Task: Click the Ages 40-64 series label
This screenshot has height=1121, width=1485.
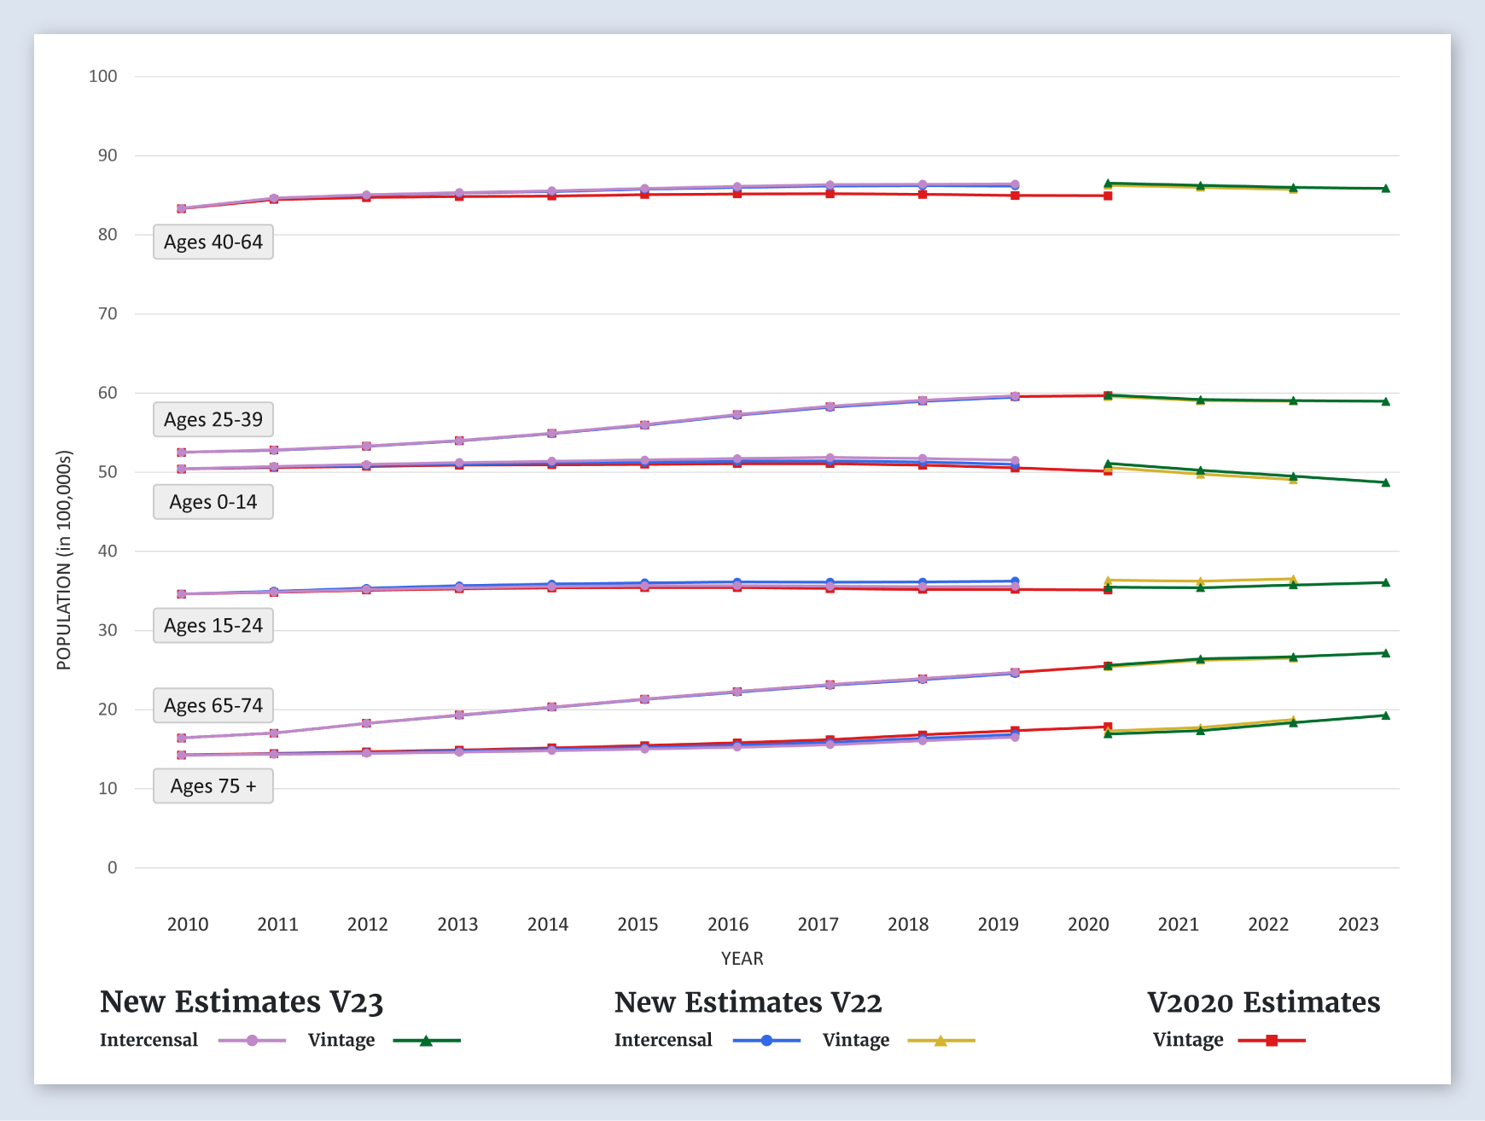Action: click(x=213, y=242)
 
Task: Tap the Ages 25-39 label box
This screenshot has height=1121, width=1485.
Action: click(x=213, y=420)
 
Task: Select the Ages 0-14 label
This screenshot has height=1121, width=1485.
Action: click(x=213, y=502)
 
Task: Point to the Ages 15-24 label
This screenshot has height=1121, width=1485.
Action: click(x=213, y=626)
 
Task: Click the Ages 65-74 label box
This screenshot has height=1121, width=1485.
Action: click(x=213, y=706)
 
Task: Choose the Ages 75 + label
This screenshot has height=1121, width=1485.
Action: click(x=213, y=786)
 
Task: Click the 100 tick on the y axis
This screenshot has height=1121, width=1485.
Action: click(x=103, y=77)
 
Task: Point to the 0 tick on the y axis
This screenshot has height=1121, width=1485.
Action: click(x=112, y=868)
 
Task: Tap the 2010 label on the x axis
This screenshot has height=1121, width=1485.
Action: click(x=188, y=925)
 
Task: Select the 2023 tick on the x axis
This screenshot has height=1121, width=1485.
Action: click(x=1358, y=925)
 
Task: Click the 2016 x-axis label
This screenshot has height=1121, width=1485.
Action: click(x=728, y=925)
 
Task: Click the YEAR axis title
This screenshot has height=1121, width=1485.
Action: click(x=742, y=959)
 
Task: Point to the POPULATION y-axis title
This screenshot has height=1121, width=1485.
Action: click(x=64, y=560)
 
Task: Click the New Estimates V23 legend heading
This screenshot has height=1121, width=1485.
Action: click(x=242, y=1002)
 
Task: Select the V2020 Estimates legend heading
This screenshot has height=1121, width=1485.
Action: click(x=1263, y=1002)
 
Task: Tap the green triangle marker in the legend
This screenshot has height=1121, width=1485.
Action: click(x=426, y=1041)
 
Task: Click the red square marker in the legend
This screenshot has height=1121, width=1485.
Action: click(x=1272, y=1041)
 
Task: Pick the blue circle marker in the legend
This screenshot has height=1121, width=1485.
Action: click(x=766, y=1041)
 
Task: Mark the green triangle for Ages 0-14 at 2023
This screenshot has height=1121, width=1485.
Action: click(x=1385, y=483)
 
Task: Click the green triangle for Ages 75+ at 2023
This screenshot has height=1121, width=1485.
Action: click(x=1385, y=715)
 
